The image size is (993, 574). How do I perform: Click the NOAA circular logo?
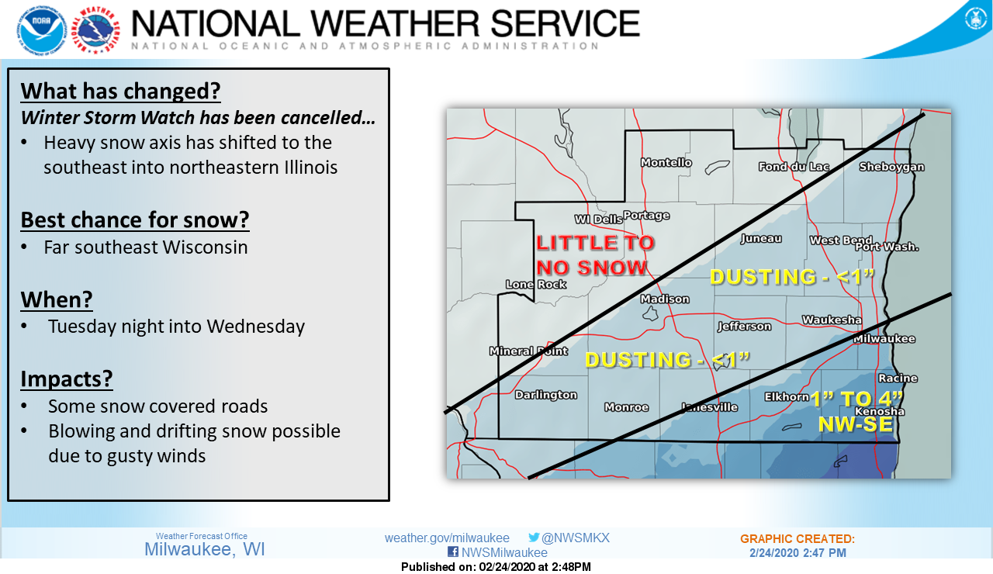(x=42, y=30)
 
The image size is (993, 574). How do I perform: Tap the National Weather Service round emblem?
(x=95, y=30)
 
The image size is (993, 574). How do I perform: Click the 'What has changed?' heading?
(x=120, y=91)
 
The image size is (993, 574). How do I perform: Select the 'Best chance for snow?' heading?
(x=135, y=220)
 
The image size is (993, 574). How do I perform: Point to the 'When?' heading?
(x=57, y=299)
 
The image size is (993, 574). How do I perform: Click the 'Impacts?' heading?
(x=67, y=379)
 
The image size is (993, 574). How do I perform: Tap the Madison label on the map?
(x=665, y=299)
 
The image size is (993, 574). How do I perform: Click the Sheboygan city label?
(x=892, y=167)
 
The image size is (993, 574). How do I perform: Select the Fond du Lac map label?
(x=794, y=167)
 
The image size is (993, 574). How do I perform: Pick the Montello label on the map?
(x=666, y=163)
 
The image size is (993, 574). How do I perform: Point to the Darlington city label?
(x=545, y=395)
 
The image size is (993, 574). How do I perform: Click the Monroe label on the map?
(x=626, y=407)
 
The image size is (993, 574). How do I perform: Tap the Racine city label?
(x=898, y=378)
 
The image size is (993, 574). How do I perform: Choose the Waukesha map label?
(x=832, y=320)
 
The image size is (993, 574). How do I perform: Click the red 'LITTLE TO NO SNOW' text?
(x=595, y=255)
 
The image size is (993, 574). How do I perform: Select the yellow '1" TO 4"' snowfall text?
(x=856, y=399)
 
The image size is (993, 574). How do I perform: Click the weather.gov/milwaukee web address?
(x=447, y=538)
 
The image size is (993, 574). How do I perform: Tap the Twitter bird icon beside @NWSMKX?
(x=534, y=538)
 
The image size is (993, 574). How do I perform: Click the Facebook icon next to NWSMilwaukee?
(x=453, y=552)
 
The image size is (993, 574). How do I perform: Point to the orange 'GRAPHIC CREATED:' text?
(x=798, y=539)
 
